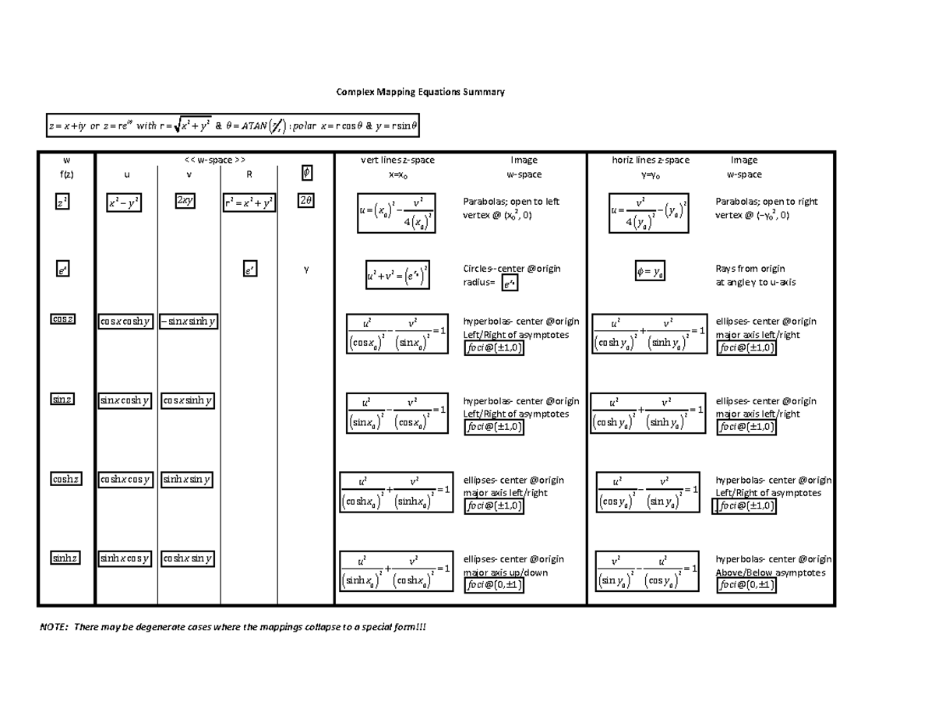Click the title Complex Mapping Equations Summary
[420, 92]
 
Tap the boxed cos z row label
[63, 320]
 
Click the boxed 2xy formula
[185, 201]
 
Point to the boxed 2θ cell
[306, 201]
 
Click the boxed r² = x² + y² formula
[249, 203]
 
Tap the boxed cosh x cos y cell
[125, 479]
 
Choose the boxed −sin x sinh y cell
[189, 320]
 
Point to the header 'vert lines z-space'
[397, 160]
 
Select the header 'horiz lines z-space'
[651, 160]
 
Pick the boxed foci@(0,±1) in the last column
[746, 586]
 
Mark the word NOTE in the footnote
[52, 628]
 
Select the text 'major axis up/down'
[506, 572]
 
